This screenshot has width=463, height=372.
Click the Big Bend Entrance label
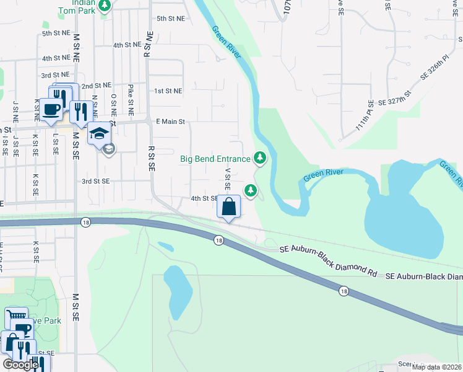coord(215,159)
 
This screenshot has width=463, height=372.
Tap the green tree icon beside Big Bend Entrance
coord(261,159)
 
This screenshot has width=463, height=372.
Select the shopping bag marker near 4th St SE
coord(229,207)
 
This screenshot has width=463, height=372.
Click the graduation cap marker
coord(99,133)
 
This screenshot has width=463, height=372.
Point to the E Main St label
coord(171,122)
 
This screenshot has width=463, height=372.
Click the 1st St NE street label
coord(168,91)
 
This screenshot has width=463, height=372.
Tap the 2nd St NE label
coord(96,85)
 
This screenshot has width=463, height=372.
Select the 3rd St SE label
coord(95,181)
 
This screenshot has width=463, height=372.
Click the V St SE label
coord(228,178)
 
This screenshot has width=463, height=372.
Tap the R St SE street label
coord(152,158)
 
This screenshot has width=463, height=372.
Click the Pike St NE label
coord(131,100)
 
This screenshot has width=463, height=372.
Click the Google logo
coord(21,365)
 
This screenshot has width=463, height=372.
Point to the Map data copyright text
coord(436,367)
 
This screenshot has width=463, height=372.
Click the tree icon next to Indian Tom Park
coord(105,6)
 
